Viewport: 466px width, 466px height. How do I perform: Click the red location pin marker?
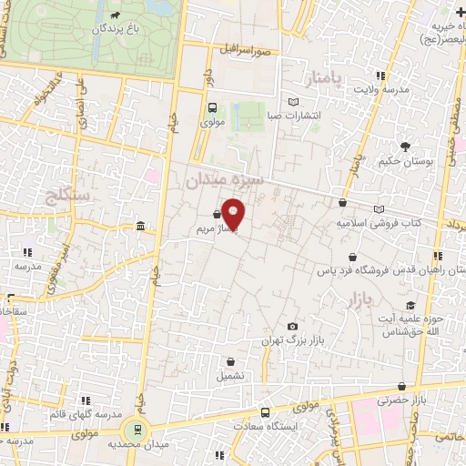233,212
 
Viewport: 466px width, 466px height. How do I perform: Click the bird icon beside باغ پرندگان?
116,15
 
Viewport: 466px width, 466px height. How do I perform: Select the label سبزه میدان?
224,181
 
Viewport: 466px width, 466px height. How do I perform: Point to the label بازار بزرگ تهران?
294,340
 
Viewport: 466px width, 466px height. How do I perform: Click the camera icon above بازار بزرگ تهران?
292,326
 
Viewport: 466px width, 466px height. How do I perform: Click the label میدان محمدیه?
137,445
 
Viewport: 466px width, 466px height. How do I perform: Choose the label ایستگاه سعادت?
267,425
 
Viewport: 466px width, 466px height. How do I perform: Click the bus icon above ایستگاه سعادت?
265,411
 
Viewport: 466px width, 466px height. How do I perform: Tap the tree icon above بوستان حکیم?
404,146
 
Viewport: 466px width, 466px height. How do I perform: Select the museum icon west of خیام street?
139,226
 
